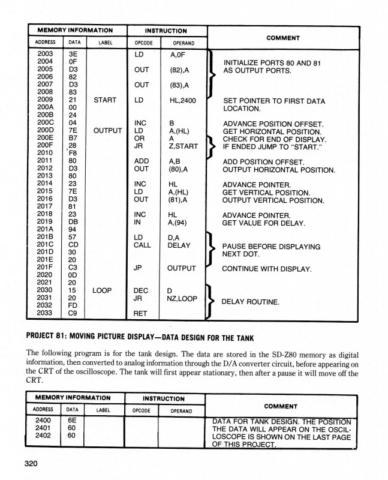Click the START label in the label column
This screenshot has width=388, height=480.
[x=105, y=100]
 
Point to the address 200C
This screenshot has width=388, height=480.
[x=45, y=122]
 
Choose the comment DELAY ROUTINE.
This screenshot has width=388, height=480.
[x=251, y=301]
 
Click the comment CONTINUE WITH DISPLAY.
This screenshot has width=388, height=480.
[x=267, y=268]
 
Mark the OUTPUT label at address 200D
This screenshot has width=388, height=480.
[x=107, y=130]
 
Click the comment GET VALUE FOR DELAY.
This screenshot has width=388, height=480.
[x=264, y=223]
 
